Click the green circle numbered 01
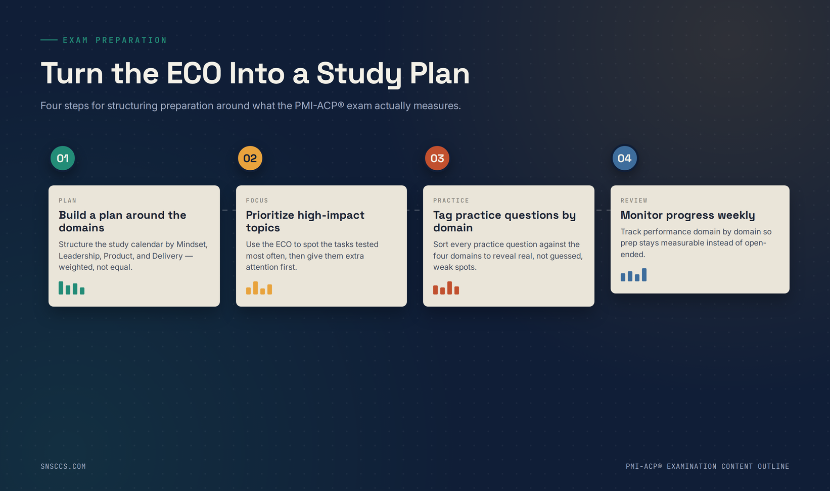coord(63,158)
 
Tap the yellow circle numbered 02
coord(250,158)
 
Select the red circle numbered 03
coord(437,158)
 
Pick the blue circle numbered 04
coord(624,158)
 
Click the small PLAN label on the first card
coord(67,201)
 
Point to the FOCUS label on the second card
coord(257,201)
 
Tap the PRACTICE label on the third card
coord(451,201)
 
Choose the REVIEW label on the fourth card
coord(634,201)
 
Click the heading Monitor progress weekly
coord(688,215)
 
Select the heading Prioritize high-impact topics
coord(305,221)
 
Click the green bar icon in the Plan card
coord(71,288)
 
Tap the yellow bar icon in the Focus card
coord(259,288)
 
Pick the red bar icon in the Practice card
coord(446,288)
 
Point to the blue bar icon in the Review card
coord(633,275)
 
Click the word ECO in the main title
coord(194,73)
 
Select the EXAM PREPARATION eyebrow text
coord(115,40)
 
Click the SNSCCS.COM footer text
coord(63,466)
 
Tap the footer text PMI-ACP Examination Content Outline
coord(707,466)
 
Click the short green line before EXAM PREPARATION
coord(49,39)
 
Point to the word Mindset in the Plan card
coord(192,244)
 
